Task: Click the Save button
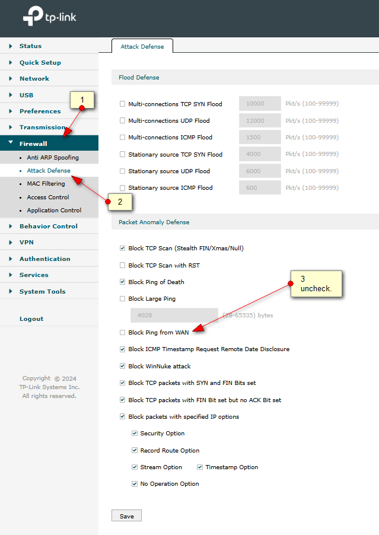click(126, 516)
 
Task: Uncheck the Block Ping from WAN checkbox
click(122, 332)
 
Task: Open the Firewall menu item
click(33, 144)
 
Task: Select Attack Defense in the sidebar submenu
click(49, 170)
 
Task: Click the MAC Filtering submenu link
click(46, 183)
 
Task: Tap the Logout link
click(31, 319)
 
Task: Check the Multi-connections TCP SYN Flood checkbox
click(122, 104)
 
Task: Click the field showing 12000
click(260, 120)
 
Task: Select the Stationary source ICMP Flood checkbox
click(122, 187)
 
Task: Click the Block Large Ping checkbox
click(122, 298)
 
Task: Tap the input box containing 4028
click(174, 316)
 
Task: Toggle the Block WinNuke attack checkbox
click(122, 366)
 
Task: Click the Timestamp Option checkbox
click(200, 467)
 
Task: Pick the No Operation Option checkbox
click(135, 484)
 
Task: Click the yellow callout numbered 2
click(120, 202)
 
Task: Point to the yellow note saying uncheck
click(316, 284)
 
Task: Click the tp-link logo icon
click(33, 15)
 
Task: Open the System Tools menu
click(42, 291)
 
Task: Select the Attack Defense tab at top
click(142, 46)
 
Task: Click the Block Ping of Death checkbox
click(122, 282)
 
